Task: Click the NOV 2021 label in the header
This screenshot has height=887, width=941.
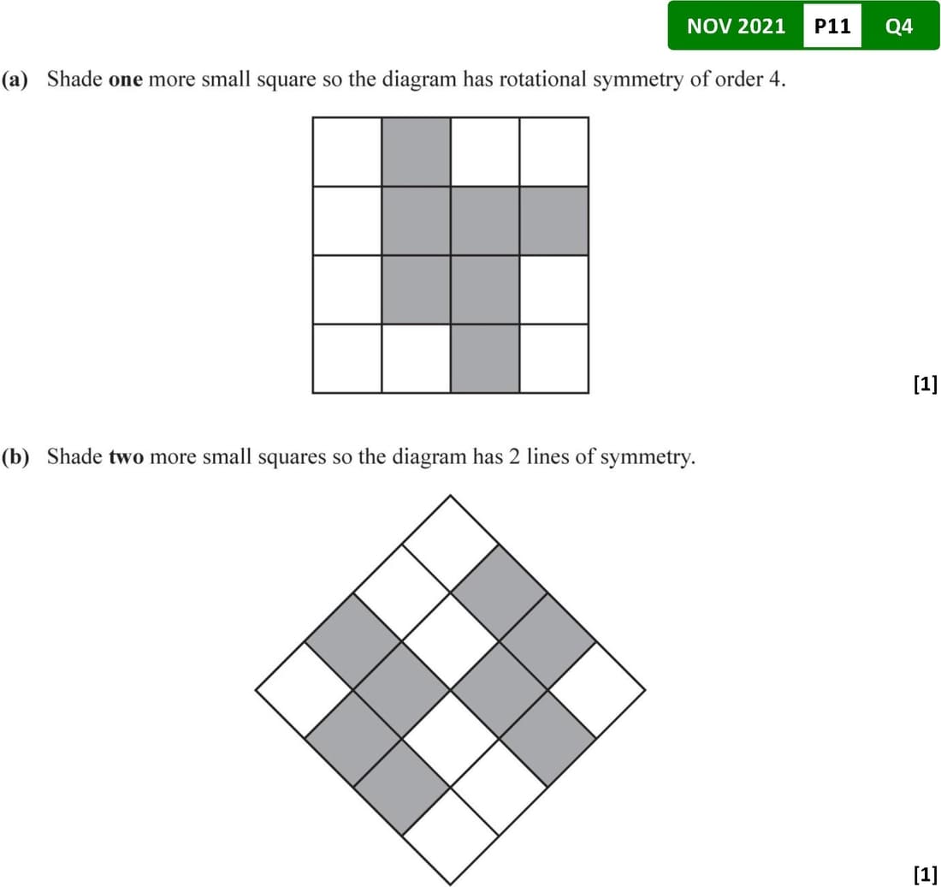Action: (x=736, y=26)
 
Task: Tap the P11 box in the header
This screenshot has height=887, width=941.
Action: (x=832, y=26)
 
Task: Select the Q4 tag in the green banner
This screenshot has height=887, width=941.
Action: (x=899, y=27)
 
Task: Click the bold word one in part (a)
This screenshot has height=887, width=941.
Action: (x=126, y=80)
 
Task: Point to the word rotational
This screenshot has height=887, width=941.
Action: (x=542, y=79)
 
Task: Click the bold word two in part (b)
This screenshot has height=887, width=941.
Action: (x=126, y=456)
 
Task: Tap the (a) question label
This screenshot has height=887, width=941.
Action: (x=15, y=80)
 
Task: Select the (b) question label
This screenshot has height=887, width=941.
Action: (x=15, y=457)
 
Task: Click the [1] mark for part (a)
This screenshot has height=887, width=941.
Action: (x=926, y=384)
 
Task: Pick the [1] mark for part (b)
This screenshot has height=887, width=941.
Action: (x=926, y=873)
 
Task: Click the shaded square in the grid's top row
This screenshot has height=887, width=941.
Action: (x=416, y=152)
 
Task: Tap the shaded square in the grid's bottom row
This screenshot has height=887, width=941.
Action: (x=485, y=359)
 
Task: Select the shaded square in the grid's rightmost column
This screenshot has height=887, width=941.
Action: (x=554, y=221)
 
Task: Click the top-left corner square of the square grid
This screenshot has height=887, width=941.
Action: (x=346, y=152)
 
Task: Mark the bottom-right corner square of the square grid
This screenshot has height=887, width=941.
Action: (x=554, y=359)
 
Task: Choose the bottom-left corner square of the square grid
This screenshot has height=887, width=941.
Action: (x=346, y=359)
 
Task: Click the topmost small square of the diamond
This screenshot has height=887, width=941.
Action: (x=450, y=544)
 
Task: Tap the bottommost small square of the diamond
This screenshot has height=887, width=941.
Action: (x=450, y=836)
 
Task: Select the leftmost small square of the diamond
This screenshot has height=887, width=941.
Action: (x=305, y=690)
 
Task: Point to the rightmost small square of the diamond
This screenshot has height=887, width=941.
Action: (x=596, y=690)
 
